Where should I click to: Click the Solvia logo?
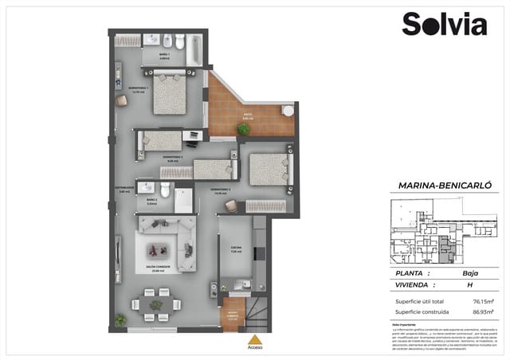click(x=444, y=24)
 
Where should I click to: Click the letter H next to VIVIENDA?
click(x=469, y=284)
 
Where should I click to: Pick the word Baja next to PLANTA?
click(x=469, y=273)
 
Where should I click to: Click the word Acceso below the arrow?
click(x=255, y=347)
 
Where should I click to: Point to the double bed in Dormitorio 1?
click(x=169, y=94)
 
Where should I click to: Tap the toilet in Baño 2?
click(x=165, y=190)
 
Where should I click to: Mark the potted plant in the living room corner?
click(x=120, y=319)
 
